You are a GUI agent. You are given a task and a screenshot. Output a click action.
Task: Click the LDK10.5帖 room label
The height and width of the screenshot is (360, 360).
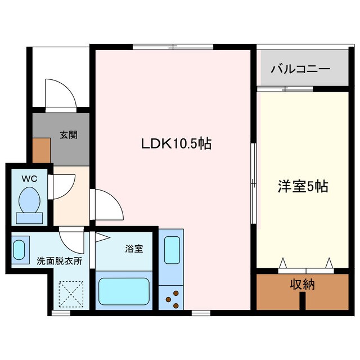pos(175,144)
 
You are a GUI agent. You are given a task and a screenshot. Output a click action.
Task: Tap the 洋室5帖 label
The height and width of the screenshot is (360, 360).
pos(303,186)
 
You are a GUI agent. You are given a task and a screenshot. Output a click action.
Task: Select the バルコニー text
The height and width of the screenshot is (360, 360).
pos(300,69)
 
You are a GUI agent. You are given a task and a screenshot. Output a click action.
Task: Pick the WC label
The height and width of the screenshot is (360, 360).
pos(29,178)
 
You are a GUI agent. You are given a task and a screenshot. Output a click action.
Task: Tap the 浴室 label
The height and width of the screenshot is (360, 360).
pos(134,248)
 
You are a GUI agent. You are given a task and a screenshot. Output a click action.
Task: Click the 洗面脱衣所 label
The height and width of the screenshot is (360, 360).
pos(60,261)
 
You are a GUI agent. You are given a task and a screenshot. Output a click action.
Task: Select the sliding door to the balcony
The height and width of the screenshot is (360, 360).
pos(286,88)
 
